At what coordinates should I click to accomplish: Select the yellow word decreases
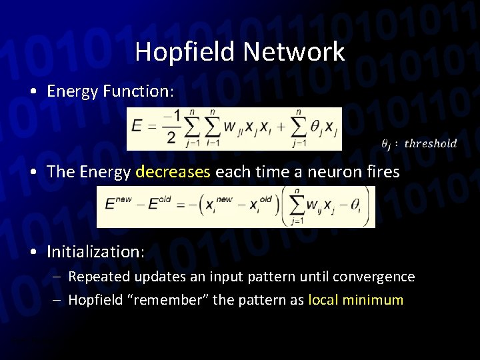point(173,171)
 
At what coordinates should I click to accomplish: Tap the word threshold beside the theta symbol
point(431,143)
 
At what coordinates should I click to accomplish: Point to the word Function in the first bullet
point(142,91)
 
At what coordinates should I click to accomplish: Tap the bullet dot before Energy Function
point(33,92)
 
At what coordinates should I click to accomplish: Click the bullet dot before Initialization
point(33,252)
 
